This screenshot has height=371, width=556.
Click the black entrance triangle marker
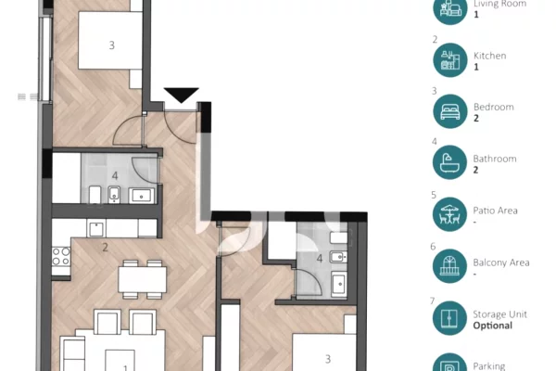pyautogui.click(x=182, y=95)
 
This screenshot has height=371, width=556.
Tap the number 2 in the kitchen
pyautogui.click(x=106, y=248)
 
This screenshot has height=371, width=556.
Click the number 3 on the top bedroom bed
pyautogui.click(x=111, y=45)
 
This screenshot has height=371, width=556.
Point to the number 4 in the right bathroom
pyautogui.click(x=321, y=259)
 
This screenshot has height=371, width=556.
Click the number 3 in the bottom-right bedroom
pyautogui.click(x=327, y=357)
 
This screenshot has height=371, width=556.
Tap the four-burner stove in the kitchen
pyautogui.click(x=61, y=256)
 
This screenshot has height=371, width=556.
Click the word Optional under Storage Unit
pyautogui.click(x=492, y=326)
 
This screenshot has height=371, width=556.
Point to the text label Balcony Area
pyautogui.click(x=500, y=262)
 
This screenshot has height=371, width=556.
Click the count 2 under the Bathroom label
pyautogui.click(x=475, y=171)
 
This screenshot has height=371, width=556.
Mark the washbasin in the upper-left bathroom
pyautogui.click(x=143, y=194)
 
